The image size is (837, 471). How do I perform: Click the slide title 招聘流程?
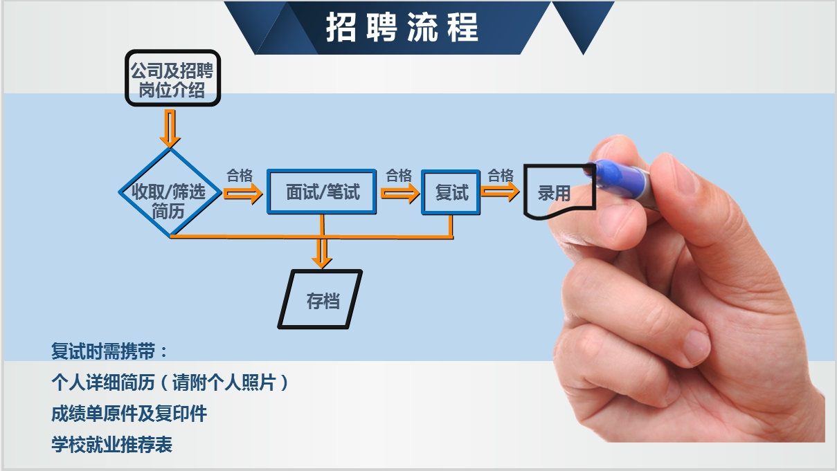[x=402, y=27]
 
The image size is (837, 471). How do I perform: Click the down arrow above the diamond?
[x=170, y=129]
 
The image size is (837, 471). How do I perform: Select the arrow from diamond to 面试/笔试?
[x=243, y=194]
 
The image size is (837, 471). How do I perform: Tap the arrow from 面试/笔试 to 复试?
[x=400, y=193]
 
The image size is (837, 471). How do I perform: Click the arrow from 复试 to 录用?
[x=500, y=192]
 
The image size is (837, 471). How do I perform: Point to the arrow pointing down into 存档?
[x=322, y=253]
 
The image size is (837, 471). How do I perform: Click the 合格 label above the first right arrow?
[x=240, y=176]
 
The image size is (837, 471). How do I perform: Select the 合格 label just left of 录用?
[x=501, y=176]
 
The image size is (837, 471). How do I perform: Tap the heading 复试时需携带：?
[x=109, y=351]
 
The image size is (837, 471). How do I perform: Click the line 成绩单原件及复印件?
[x=129, y=414]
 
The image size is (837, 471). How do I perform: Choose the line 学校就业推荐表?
[x=111, y=445]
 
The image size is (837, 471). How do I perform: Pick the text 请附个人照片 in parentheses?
[x=224, y=382]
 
